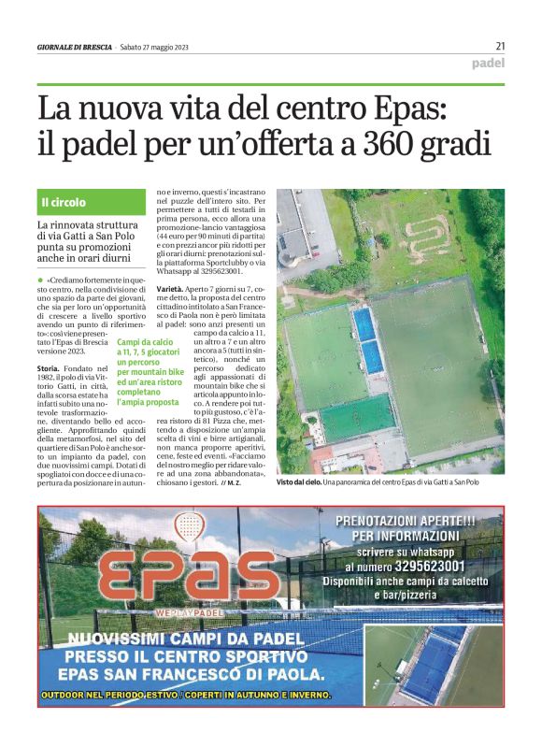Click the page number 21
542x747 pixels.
coord(500,46)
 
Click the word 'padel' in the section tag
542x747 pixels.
coord(488,65)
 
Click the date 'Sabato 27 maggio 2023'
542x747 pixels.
coord(157,47)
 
